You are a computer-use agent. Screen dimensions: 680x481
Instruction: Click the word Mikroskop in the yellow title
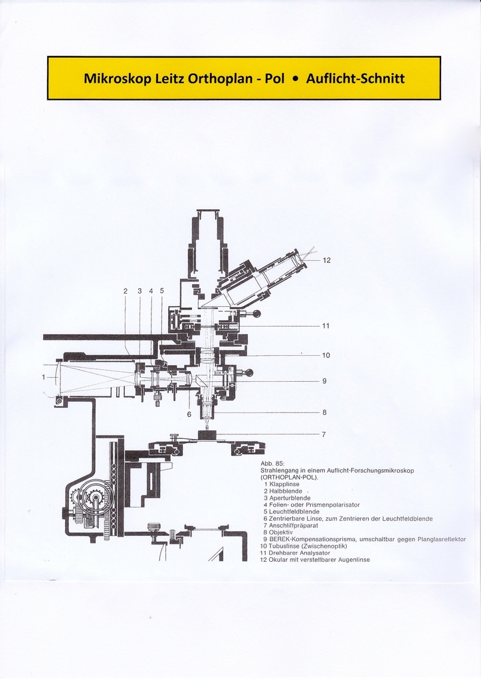click(x=117, y=78)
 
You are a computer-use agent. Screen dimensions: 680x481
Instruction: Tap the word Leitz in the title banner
click(x=169, y=78)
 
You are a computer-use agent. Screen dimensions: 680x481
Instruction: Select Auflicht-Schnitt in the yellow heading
click(x=355, y=78)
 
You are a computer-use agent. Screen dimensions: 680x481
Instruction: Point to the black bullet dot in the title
click(x=295, y=78)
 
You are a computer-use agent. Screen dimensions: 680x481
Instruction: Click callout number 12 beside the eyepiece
click(x=326, y=260)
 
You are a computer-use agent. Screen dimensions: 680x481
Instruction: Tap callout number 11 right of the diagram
click(x=326, y=326)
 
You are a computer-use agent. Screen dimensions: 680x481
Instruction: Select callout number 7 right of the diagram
click(x=324, y=434)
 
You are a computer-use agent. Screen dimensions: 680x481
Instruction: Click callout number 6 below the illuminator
click(x=189, y=414)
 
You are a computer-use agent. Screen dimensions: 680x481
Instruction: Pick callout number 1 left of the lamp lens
click(x=44, y=377)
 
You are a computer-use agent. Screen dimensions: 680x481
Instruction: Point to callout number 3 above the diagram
click(x=140, y=291)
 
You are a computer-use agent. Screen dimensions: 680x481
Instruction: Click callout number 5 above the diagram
click(x=161, y=291)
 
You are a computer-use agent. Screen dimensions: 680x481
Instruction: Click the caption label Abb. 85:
click(x=272, y=464)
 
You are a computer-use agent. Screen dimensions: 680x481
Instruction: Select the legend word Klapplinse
click(x=287, y=484)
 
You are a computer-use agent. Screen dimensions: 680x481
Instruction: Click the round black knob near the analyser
click(x=257, y=313)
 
